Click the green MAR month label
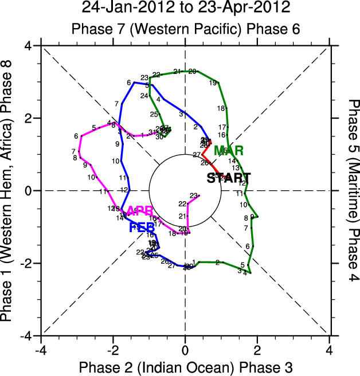(229, 151)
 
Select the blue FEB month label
(142, 228)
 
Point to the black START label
(228, 178)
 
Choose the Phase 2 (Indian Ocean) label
(135, 366)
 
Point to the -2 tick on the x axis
(113, 349)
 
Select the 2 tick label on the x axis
(257, 349)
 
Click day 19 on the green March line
(213, 83)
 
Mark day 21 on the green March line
(177, 72)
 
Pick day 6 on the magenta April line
(76, 136)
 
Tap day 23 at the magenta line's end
(193, 195)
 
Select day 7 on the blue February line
(117, 104)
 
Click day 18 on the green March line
(220, 108)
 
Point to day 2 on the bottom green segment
(217, 263)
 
